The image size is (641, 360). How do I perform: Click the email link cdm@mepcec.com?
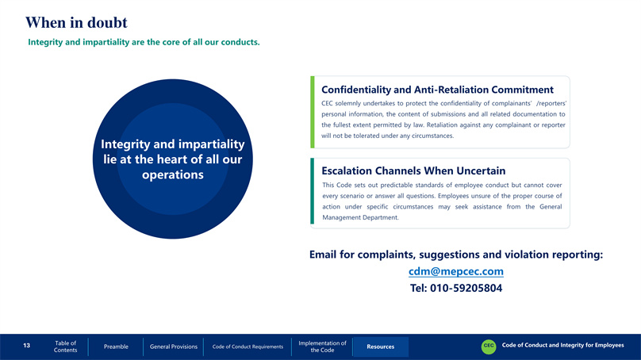point(456,271)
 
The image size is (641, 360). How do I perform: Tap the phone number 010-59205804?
point(466,288)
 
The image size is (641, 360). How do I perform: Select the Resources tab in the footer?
point(380,347)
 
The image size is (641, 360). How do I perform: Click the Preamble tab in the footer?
point(116,347)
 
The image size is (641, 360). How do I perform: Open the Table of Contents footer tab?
point(65,347)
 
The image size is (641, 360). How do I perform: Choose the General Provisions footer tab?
point(173,347)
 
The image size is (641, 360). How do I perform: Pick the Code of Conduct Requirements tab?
point(248,347)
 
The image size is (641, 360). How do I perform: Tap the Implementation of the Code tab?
point(322,347)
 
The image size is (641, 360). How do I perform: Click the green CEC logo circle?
point(489,346)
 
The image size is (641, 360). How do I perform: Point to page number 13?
point(26,346)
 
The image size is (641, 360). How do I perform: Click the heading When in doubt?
point(76,22)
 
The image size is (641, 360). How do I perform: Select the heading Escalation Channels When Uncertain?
point(413,170)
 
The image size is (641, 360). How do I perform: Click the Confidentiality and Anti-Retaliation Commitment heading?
point(437,90)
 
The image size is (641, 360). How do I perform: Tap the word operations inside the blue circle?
point(172,175)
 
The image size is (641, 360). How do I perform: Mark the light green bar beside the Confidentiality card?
point(313,112)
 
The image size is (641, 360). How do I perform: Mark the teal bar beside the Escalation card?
point(313,191)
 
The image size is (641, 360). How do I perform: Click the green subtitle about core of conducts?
point(144,42)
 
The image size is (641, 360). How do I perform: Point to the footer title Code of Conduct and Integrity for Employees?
point(563,345)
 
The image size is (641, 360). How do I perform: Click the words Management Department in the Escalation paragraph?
point(360,217)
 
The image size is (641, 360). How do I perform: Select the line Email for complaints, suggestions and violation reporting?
point(456,255)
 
